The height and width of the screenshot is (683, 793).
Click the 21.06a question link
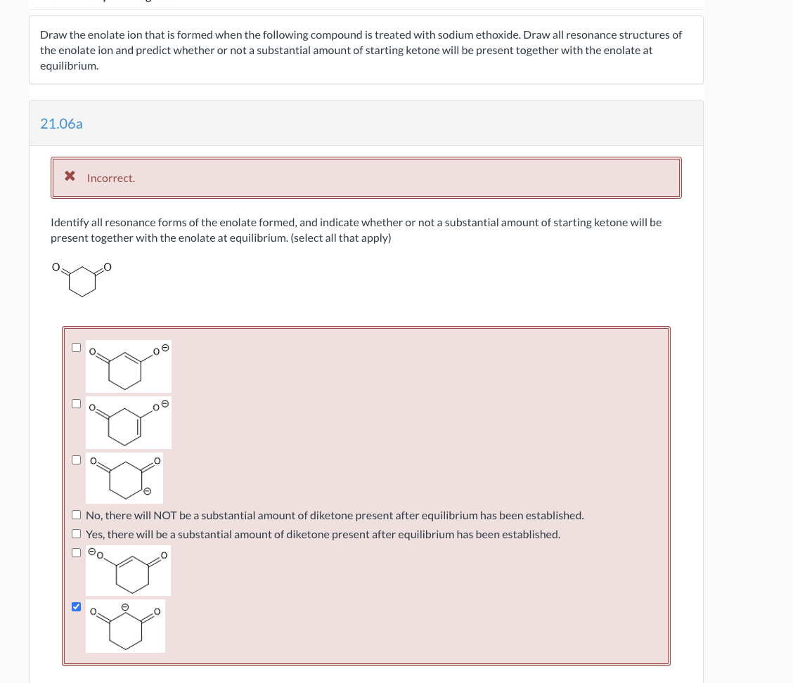pos(61,124)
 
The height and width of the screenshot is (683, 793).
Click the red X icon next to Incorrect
pos(70,176)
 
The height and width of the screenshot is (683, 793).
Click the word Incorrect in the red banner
pos(110,178)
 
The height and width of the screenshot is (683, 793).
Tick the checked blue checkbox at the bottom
pos(76,606)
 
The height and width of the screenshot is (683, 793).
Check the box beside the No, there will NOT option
pos(76,515)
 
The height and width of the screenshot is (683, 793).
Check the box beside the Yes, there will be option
pos(76,534)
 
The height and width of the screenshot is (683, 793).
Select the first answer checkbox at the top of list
pos(76,347)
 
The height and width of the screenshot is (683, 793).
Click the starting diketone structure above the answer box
pos(83,279)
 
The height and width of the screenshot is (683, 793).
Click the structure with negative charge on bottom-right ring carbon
pos(125,477)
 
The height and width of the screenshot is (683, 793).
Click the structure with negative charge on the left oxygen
pos(128,571)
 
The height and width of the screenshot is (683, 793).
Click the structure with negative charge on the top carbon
pos(125,626)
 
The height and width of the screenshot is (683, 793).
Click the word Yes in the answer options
pos(95,535)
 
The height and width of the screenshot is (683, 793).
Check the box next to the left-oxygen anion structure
pos(76,552)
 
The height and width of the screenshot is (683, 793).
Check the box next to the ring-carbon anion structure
pos(76,460)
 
